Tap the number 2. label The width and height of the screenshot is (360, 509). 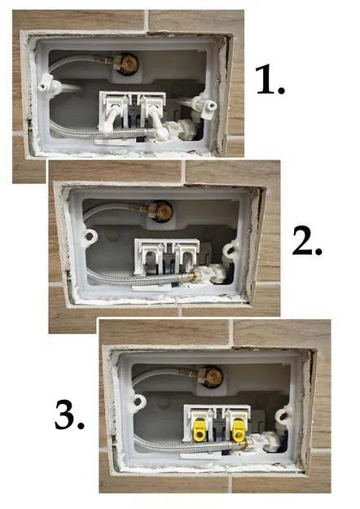(x=309, y=240)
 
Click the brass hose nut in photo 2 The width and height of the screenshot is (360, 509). (x=188, y=279)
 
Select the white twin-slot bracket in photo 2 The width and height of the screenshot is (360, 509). (x=165, y=252)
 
